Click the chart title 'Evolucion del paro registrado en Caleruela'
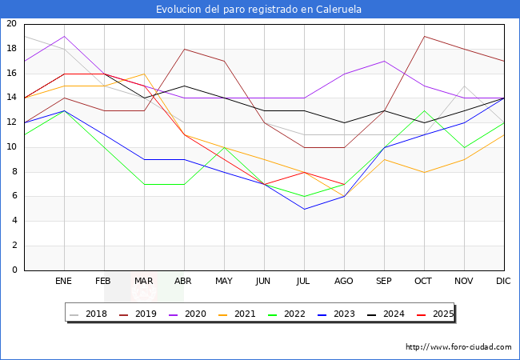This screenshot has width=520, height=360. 259,10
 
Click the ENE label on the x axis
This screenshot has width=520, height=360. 64,282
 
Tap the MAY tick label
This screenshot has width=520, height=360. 224,282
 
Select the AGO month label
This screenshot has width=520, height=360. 344,282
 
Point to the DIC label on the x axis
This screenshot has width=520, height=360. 504,282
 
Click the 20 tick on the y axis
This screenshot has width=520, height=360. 11,24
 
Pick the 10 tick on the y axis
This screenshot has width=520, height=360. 11,147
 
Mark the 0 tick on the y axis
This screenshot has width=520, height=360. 14,270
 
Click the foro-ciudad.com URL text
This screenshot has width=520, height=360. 458,347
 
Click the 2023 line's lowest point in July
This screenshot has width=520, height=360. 304,209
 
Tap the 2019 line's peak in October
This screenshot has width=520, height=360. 424,36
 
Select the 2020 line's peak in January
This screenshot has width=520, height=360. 64,36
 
